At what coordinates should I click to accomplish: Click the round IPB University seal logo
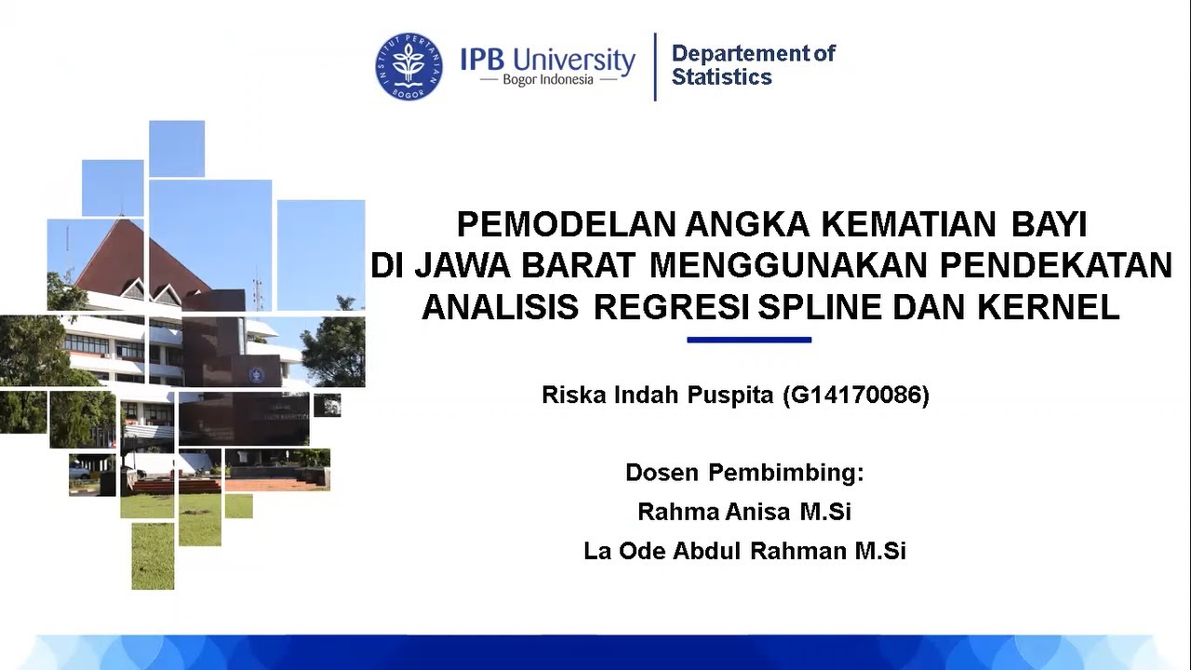point(409,66)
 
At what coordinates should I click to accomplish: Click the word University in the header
point(573,60)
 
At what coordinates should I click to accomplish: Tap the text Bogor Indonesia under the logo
point(548,80)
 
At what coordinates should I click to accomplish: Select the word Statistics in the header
point(722,77)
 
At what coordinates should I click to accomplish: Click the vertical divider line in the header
point(655,66)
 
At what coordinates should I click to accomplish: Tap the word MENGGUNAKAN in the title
point(789,265)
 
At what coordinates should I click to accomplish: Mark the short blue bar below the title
point(749,340)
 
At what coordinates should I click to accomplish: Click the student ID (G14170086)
point(855,395)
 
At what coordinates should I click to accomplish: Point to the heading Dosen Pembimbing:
point(744,473)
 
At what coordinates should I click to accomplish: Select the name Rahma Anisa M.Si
point(744,512)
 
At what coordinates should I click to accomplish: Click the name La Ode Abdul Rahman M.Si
point(744,551)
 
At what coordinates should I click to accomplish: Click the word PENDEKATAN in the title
point(1056,265)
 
